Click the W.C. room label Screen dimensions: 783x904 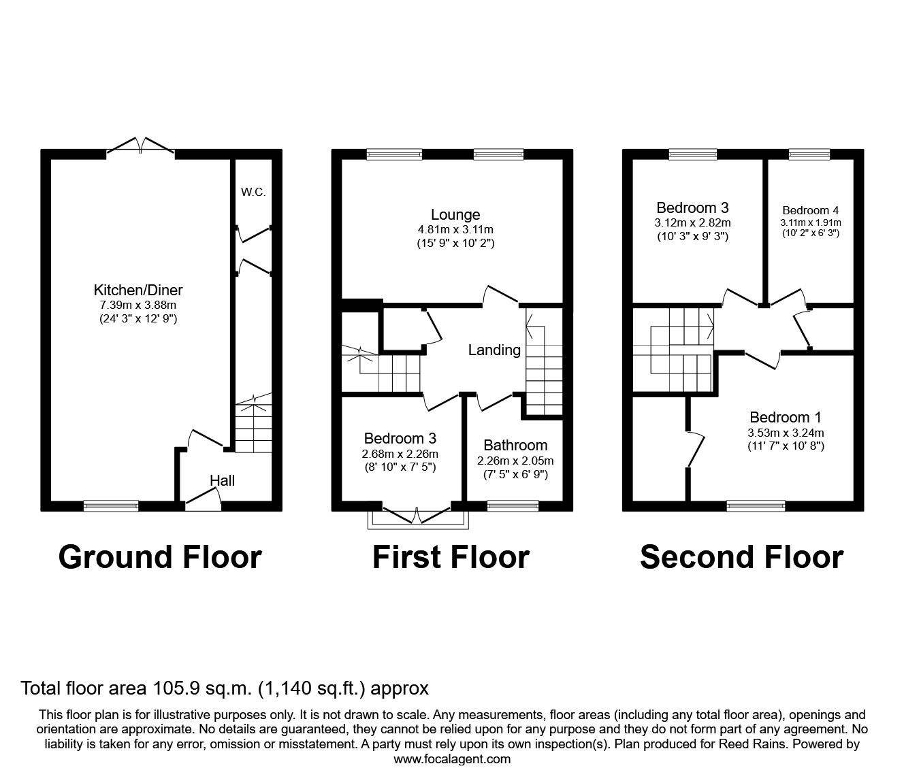pyautogui.click(x=253, y=193)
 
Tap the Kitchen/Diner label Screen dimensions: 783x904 pyautogui.click(x=138, y=290)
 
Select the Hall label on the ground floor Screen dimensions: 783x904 pyautogui.click(x=222, y=481)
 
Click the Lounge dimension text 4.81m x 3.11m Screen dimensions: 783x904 pyautogui.click(x=455, y=229)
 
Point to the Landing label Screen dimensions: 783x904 pyautogui.click(x=494, y=350)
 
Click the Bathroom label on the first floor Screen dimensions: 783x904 pyautogui.click(x=515, y=446)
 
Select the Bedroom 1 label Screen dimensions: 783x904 pyautogui.click(x=780, y=418)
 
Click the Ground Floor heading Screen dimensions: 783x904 pyautogui.click(x=160, y=557)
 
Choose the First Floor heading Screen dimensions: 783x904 pyautogui.click(x=451, y=557)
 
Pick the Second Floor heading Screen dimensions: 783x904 pyautogui.click(x=741, y=557)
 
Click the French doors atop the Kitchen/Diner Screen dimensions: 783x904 pyautogui.click(x=140, y=148)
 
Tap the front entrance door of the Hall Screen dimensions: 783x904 pyautogui.click(x=204, y=502)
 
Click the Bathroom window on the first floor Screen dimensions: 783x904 pyautogui.click(x=513, y=505)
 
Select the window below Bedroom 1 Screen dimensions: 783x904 pyautogui.click(x=755, y=505)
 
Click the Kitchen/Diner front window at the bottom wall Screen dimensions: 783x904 pyautogui.click(x=111, y=505)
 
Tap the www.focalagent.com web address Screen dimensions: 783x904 pyautogui.click(x=452, y=759)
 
